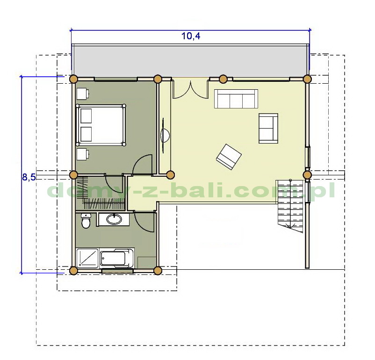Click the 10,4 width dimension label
pyautogui.click(x=191, y=36)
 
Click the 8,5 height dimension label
pyautogui.click(x=29, y=177)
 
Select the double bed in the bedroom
pyautogui.click(x=101, y=125)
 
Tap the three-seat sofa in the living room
pyautogui.click(x=236, y=99)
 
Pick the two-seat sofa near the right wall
pyautogui.click(x=268, y=128)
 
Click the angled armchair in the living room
pyautogui.click(x=229, y=157)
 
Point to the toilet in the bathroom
pyautogui.click(x=86, y=221)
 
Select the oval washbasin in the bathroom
pyautogui.click(x=114, y=219)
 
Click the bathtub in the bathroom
pyautogui.click(x=117, y=259)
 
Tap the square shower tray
pyautogui.click(x=87, y=258)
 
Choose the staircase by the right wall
pyautogui.click(x=290, y=205)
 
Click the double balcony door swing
pyautogui.click(x=190, y=90)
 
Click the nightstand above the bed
pyautogui.click(x=82, y=94)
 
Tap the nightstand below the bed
pyautogui.click(x=82, y=153)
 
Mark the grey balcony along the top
pyautogui.click(x=190, y=60)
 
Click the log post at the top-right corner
pyautogui.click(x=307, y=79)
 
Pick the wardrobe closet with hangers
pyautogui.click(x=100, y=193)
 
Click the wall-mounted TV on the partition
pyautogui.click(x=165, y=136)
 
